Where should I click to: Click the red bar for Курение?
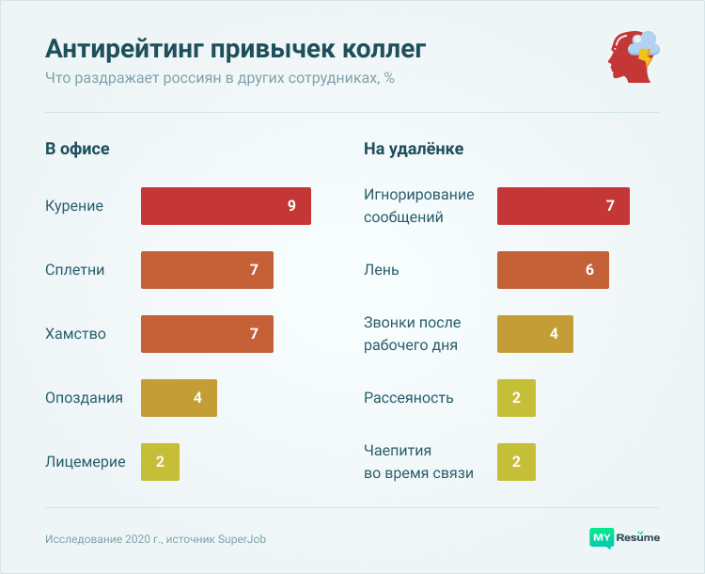[x=226, y=206]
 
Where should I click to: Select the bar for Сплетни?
[x=207, y=270]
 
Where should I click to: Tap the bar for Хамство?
[x=207, y=334]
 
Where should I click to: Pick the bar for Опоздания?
[x=179, y=398]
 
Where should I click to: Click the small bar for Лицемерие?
[x=160, y=462]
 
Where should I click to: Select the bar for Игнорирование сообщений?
[x=563, y=206]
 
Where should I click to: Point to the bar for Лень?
[x=553, y=270]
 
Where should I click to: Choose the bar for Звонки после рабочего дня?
[x=535, y=334]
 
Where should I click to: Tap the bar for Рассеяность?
[x=516, y=398]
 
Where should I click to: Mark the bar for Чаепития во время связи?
[x=516, y=462]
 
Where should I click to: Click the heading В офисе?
[x=77, y=149]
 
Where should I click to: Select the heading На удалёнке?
[x=414, y=149]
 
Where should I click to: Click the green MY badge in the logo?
[x=602, y=538]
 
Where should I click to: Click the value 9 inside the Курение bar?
[x=291, y=206]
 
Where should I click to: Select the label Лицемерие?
[x=85, y=462]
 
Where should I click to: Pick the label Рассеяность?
[x=409, y=398]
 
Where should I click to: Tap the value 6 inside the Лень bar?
[x=589, y=270]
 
